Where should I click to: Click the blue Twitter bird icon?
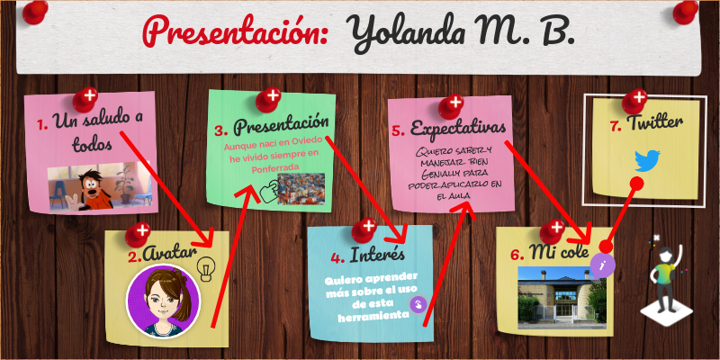click(647, 161)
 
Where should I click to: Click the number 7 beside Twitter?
click(616, 126)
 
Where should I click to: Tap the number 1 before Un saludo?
click(42, 123)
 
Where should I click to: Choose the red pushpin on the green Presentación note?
click(269, 96)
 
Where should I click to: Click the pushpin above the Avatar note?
click(138, 234)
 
